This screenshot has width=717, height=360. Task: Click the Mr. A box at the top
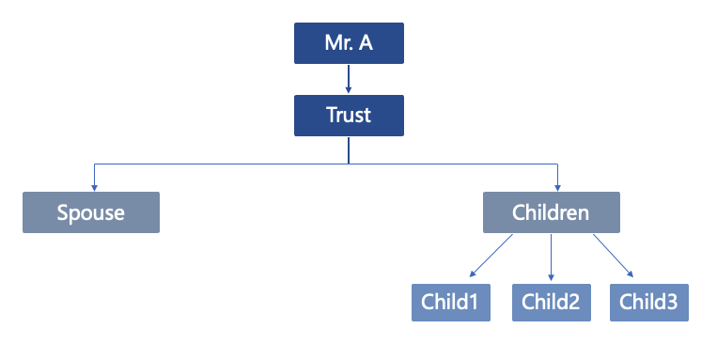[x=349, y=43]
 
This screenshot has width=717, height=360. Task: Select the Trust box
[x=349, y=116]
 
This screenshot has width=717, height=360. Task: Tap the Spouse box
[x=91, y=212]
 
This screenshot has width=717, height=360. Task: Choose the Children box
[x=551, y=212]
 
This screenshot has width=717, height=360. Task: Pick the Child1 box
[x=450, y=302]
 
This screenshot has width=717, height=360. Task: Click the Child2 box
[x=551, y=302]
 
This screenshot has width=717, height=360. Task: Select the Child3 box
[x=649, y=302]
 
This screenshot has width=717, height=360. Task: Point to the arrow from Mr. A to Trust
[x=349, y=79]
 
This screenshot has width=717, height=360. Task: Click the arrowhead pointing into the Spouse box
[x=94, y=187]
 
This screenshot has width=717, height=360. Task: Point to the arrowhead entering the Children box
[x=558, y=187]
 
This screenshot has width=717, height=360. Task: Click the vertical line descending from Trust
[x=349, y=150]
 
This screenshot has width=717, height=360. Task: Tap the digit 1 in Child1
[x=475, y=302]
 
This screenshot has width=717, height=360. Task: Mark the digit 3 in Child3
[x=673, y=302]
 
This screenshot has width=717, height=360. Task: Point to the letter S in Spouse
[x=63, y=212]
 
